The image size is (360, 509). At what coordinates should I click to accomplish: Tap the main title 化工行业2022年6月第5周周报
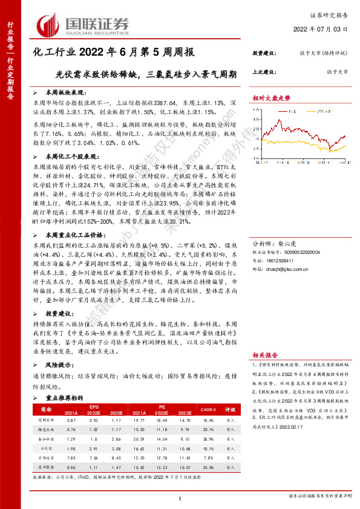[x=113, y=53]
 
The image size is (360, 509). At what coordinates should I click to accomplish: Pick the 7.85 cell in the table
[x=72, y=459]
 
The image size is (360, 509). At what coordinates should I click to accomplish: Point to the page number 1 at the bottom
[x=180, y=497]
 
